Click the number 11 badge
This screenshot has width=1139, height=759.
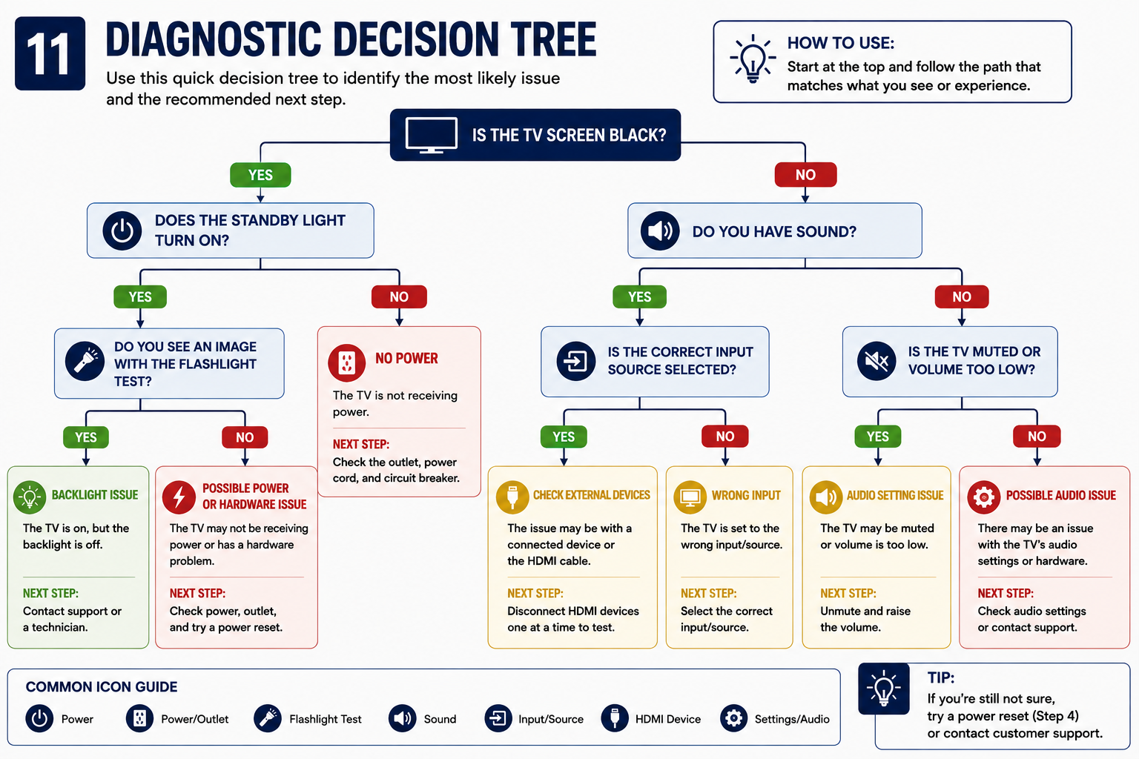pos(50,53)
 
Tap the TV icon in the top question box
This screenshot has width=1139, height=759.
pos(431,135)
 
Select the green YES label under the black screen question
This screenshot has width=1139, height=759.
pos(260,175)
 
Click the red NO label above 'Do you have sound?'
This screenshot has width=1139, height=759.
pos(805,175)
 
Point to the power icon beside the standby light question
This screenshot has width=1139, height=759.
pos(122,231)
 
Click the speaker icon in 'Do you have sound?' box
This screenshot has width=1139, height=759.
pos(660,231)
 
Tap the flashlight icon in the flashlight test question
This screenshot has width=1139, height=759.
pos(85,361)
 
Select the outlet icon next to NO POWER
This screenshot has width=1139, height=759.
pos(347,363)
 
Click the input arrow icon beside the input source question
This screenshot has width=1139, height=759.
pos(575,362)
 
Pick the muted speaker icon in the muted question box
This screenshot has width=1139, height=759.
pos(876,362)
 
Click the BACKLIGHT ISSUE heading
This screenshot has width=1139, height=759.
pos(95,495)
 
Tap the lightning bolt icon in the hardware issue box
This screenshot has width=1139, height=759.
pos(179,497)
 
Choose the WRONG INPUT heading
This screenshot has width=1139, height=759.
pos(746,496)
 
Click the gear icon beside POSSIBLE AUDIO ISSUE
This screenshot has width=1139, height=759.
pos(984,497)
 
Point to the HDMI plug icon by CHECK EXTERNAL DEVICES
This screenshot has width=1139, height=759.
pos(512,497)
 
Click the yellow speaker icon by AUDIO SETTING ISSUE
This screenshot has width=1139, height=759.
pos(826,497)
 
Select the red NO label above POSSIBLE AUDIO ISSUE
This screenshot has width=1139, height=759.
pos(1037,436)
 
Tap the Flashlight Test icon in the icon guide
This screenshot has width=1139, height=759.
pos(268,718)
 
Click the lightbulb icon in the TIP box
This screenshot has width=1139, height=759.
pos(884,689)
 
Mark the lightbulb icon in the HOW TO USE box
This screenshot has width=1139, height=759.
pos(753,59)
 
